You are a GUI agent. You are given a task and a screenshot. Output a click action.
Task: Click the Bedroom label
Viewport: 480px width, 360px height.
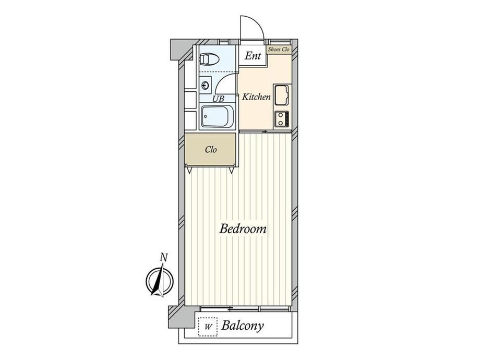point(243,229)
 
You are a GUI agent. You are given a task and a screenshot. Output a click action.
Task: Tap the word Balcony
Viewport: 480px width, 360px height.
point(243,326)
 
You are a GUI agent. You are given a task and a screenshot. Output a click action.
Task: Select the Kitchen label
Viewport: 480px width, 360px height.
point(256,97)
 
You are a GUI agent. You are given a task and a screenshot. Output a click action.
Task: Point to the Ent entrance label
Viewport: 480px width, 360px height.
point(253,56)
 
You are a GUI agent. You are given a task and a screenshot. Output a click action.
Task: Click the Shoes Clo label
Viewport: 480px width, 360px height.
point(279,49)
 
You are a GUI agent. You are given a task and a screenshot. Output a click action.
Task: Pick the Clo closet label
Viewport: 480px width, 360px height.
point(211,150)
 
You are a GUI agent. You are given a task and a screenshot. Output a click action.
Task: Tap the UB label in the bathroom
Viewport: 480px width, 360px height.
point(218,99)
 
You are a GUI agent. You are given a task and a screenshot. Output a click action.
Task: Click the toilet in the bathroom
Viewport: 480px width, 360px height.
point(209,59)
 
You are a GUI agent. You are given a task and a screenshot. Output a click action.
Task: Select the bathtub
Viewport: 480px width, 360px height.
point(218,117)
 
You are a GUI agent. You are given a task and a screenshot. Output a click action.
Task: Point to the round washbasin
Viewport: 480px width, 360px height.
point(206,85)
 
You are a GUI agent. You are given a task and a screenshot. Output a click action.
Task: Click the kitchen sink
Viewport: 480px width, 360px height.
point(281,95)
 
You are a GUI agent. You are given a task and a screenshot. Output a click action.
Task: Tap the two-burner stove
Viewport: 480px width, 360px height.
point(281,119)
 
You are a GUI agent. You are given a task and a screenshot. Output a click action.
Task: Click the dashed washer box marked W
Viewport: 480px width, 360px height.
point(208,327)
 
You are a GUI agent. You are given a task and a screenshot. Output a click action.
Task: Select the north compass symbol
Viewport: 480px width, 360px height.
point(160,281)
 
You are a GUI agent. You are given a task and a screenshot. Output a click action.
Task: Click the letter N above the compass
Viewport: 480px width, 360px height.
point(164,258)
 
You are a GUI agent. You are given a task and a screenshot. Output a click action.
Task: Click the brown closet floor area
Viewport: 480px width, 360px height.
point(210,150)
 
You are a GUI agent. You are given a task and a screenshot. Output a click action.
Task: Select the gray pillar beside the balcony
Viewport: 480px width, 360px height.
point(181,317)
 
